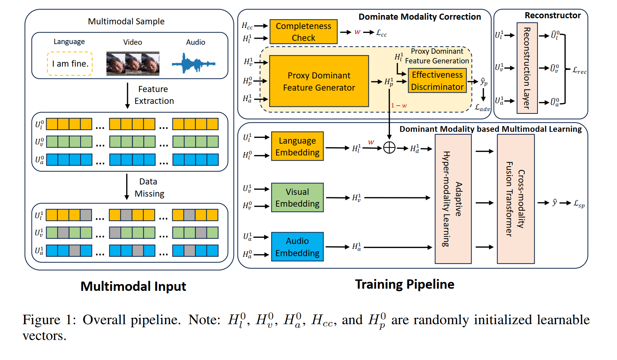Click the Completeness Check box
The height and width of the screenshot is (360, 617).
[303, 32]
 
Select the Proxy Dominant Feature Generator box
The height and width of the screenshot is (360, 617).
[319, 81]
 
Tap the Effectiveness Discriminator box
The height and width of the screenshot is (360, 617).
[437, 81]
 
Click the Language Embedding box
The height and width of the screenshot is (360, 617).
[297, 146]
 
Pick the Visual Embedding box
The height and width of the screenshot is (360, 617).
[297, 197]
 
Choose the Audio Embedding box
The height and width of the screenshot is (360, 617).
[297, 246]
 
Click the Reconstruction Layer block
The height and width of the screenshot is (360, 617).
[527, 68]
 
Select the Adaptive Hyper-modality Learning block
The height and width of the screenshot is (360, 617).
[453, 199]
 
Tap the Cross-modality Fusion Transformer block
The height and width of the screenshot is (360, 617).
[516, 199]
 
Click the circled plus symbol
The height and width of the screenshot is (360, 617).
[389, 148]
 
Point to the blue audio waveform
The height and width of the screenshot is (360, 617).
[193, 63]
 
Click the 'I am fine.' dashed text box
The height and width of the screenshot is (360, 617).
[70, 64]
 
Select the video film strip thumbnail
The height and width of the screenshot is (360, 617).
[133, 63]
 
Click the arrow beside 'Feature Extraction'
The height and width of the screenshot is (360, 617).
[128, 96]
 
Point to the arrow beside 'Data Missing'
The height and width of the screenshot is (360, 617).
[127, 187]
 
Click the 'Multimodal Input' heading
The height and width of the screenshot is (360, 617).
[133, 286]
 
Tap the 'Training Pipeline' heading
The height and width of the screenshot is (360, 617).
[405, 284]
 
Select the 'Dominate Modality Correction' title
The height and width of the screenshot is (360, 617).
[420, 17]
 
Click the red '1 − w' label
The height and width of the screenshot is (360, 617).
[399, 106]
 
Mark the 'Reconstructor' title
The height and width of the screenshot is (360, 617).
[553, 15]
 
